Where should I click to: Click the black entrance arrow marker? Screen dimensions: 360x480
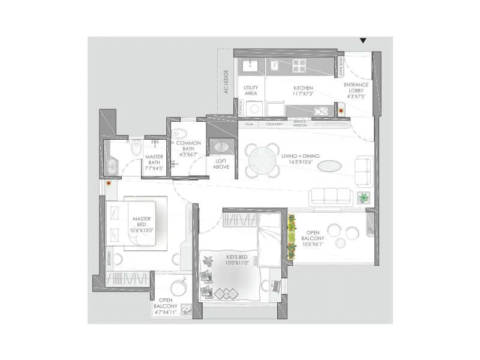[x=362, y=41]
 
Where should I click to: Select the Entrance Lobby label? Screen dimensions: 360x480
[x=356, y=90]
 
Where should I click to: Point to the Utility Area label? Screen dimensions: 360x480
[x=251, y=91]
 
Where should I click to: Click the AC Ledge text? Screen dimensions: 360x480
[x=226, y=82]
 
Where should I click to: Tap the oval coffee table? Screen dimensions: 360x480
[x=329, y=166]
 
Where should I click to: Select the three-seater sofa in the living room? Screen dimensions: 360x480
[x=329, y=196]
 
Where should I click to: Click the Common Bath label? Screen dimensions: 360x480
[x=188, y=148]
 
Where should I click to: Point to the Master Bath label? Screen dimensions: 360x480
[x=155, y=163]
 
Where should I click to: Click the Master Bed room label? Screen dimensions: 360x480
[x=142, y=224]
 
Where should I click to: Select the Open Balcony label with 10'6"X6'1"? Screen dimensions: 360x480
[x=313, y=239]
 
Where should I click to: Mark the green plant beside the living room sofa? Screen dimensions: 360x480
[x=363, y=197]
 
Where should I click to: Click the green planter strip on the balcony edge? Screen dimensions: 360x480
[x=292, y=237]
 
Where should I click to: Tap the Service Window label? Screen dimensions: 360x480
[x=300, y=122]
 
